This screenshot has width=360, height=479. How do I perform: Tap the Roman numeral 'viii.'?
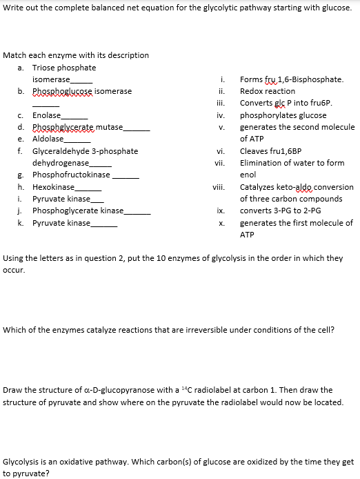[x=219, y=187]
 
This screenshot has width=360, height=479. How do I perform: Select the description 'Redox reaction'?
[x=267, y=91]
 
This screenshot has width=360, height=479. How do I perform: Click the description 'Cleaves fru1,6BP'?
[x=272, y=151]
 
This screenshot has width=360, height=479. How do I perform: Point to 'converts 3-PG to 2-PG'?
[x=280, y=211]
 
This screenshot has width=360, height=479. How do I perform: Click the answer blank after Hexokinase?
[x=88, y=188]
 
